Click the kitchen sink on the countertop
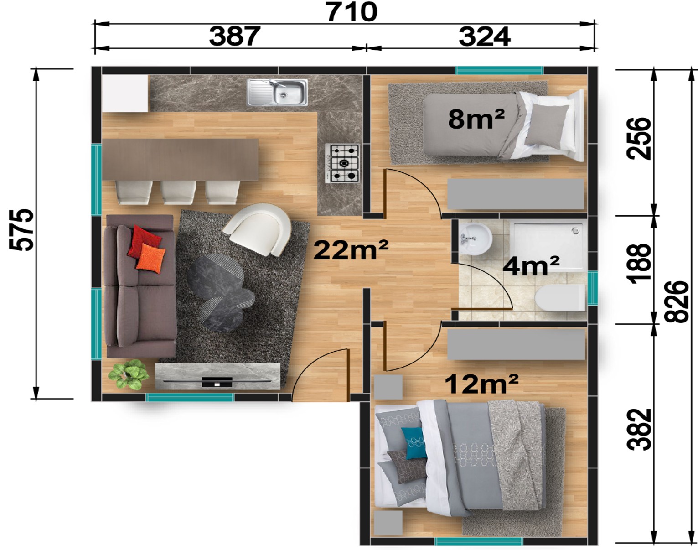[x=277, y=93]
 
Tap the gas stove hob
[x=342, y=163]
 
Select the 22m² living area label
[x=351, y=251]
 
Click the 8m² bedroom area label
[x=476, y=119]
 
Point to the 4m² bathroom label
[x=531, y=266]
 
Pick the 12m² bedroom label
[x=481, y=384]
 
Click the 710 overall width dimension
[x=352, y=12]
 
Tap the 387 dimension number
[x=235, y=36]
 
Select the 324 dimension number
[x=485, y=36]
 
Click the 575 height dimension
[x=21, y=230]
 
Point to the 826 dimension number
[x=676, y=302]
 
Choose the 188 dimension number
[x=639, y=264]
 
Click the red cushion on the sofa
[x=144, y=242]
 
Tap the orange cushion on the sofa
[x=150, y=258]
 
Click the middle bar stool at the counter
[x=178, y=192]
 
